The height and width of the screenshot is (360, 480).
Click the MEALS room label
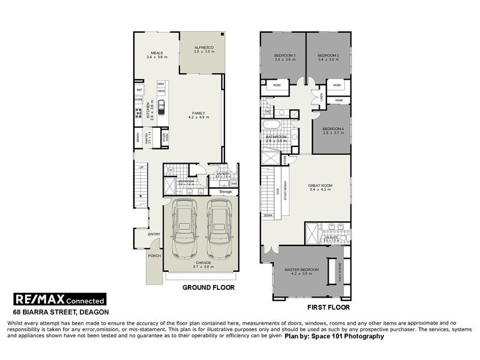point(157,52)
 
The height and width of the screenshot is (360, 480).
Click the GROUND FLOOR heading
point(208,287)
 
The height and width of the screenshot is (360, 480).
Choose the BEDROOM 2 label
point(329,56)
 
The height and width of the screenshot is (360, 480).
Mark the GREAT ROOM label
point(320,186)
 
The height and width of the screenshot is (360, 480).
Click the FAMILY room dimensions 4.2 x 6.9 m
point(197,118)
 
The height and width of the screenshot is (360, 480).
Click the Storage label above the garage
point(225,192)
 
